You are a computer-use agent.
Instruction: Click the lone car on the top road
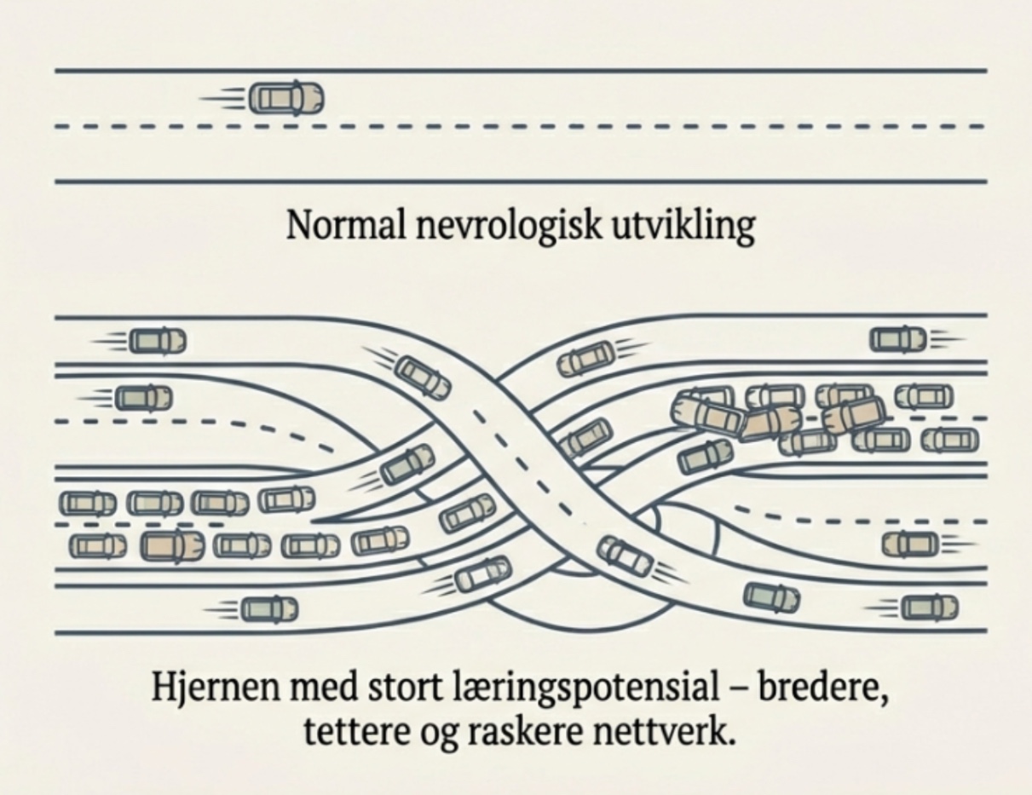286,98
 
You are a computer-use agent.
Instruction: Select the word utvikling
672,226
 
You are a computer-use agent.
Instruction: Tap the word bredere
822,686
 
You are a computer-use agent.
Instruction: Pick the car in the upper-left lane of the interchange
157,341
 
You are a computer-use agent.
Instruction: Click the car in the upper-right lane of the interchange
898,339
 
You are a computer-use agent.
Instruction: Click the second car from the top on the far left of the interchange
142,397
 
